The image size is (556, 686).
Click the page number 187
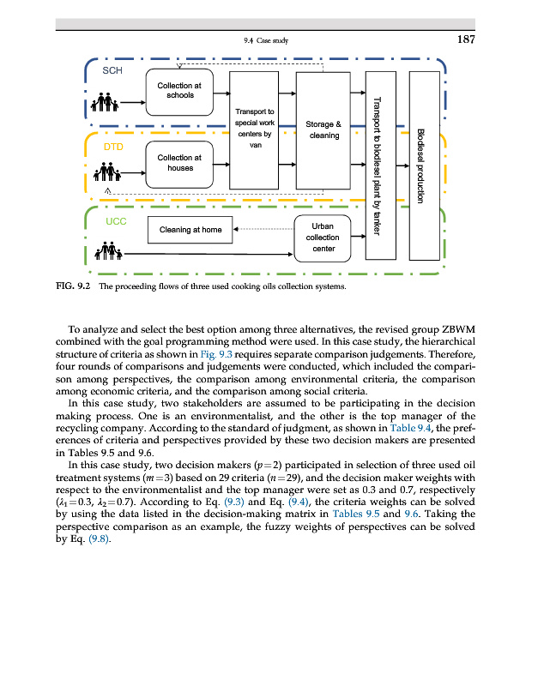464,39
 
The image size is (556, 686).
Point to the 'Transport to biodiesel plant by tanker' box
379,165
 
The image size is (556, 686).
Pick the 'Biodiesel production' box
423,165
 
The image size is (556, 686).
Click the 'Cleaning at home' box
190,230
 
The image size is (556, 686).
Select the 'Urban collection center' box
323,238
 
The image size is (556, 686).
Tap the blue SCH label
112,70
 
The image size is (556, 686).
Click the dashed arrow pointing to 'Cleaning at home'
263,230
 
